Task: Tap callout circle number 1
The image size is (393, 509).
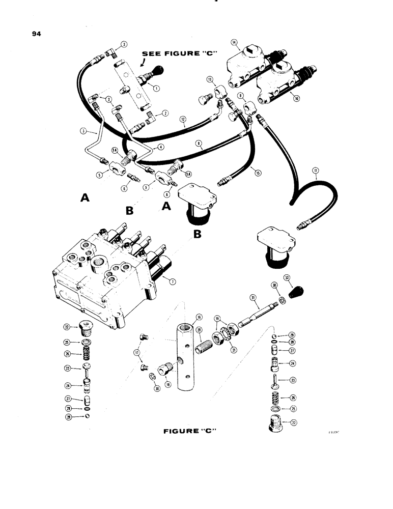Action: pos(156,88)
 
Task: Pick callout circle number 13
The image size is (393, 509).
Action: pos(210,80)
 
